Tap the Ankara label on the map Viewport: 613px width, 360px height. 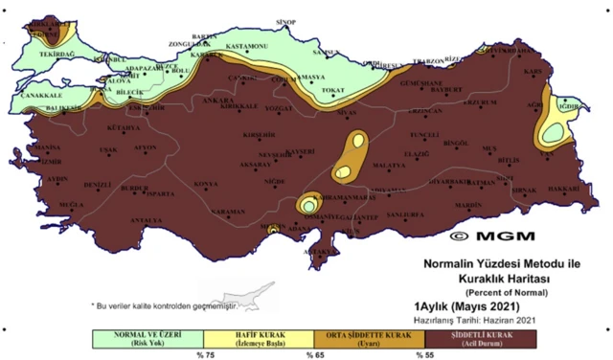tap(219, 100)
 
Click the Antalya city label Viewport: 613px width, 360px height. tap(146, 220)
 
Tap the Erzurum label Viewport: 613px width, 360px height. tap(475, 100)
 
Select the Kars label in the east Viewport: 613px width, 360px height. tap(534, 71)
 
